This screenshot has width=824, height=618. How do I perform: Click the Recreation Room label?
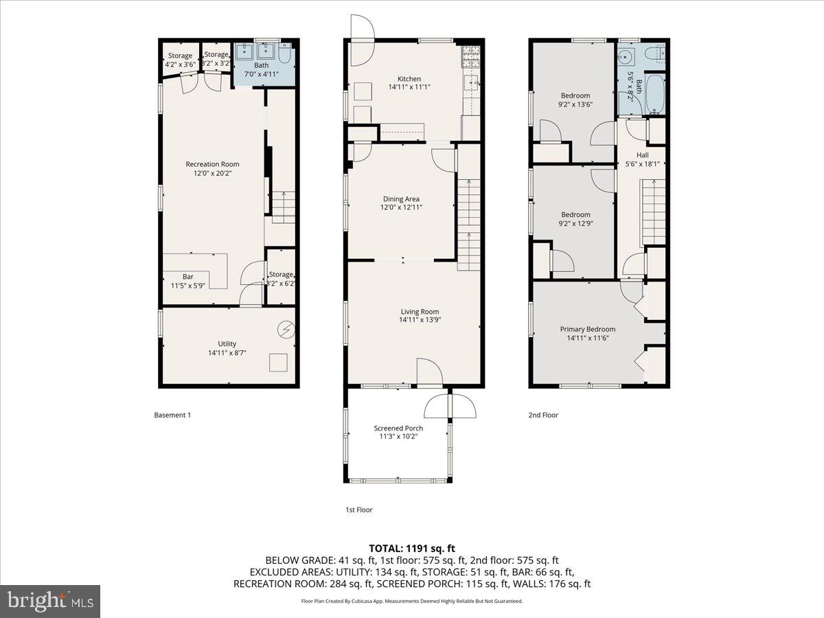[x=212, y=164]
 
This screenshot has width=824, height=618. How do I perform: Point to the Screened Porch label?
[x=398, y=428]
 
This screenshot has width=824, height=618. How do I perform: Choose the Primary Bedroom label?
[x=587, y=329]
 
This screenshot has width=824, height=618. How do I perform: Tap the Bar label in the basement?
[x=187, y=277]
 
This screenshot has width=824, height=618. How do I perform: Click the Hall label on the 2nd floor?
[x=642, y=155]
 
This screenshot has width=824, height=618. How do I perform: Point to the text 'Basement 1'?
[x=172, y=415]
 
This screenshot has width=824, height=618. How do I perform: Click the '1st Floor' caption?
[x=358, y=510]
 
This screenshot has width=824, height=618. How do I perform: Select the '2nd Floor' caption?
[x=543, y=415]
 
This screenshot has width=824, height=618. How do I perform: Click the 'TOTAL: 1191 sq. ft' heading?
[x=412, y=548]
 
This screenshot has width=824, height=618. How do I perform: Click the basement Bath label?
[x=262, y=65]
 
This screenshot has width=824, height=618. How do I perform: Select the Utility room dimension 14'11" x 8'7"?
[x=227, y=353]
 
